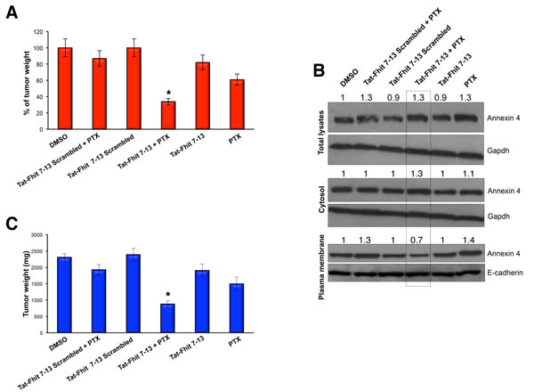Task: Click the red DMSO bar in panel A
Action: [65, 88]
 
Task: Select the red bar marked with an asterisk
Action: [168, 115]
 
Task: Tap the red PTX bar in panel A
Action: [237, 104]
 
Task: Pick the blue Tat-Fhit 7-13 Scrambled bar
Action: [133, 293]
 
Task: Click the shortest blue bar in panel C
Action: [167, 318]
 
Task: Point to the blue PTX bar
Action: [237, 308]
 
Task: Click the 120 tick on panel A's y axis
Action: [38, 32]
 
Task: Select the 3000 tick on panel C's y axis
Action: [37, 235]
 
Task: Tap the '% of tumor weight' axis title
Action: [27, 83]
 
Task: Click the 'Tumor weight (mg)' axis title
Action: [26, 284]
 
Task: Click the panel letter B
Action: [319, 70]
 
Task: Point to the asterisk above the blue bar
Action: [167, 295]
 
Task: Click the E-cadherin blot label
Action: [505, 273]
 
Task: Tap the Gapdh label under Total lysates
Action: [498, 151]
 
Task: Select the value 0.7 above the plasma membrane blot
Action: [417, 241]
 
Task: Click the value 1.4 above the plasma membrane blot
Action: [469, 241]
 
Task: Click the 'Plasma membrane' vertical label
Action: [321, 267]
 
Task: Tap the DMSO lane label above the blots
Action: [349, 78]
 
